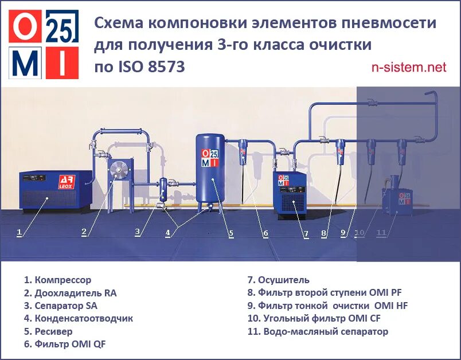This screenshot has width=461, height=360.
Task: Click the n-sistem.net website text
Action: (x=408, y=67)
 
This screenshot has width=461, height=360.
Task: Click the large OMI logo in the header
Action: (x=44, y=44)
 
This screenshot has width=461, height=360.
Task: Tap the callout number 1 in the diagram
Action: (x=19, y=233)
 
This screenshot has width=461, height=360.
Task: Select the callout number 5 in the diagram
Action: (x=230, y=233)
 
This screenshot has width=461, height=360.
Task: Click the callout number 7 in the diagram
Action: (x=306, y=234)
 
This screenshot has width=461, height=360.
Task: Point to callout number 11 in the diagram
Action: (x=382, y=233)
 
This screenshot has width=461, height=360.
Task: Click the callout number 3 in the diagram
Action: (x=137, y=232)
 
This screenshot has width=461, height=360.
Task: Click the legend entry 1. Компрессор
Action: (x=57, y=280)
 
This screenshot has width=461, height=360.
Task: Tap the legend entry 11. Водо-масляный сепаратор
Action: (x=318, y=331)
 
